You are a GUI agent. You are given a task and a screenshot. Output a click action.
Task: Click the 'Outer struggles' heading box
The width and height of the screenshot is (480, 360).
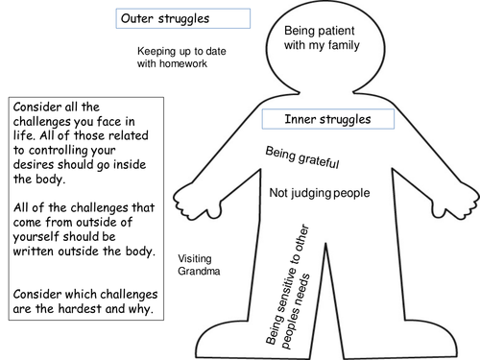pos(183,18)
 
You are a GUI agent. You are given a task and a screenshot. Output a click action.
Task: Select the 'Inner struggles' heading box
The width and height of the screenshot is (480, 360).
pos(328,119)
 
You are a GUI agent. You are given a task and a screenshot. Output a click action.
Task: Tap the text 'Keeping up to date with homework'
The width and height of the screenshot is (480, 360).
pos(181,58)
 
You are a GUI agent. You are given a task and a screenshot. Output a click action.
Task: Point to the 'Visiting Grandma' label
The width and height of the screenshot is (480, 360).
pos(199,265)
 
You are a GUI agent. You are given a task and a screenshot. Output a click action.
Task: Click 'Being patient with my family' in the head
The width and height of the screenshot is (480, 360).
pos(322,38)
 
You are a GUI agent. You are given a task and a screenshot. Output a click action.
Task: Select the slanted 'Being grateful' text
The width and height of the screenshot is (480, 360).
pos(302,157)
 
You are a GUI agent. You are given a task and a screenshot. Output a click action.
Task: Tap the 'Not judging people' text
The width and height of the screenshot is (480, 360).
pos(320,193)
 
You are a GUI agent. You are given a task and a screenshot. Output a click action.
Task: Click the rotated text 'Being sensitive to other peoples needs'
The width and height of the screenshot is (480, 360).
pos(288,287)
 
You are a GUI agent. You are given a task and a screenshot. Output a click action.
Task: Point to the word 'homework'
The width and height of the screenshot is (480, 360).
pos(183,63)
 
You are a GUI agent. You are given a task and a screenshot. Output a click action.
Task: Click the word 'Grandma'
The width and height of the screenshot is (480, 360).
pos(199,271)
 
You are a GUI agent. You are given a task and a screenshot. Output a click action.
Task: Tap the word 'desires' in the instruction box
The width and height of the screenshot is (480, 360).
pos(34,164)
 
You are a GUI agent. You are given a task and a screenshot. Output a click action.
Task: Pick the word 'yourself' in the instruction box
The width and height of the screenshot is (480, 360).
pos(36,237)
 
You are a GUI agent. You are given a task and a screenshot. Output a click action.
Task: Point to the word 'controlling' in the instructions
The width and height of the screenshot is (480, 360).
pos(59,151)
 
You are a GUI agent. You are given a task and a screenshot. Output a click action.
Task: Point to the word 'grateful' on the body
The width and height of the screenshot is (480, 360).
pos(319,160)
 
